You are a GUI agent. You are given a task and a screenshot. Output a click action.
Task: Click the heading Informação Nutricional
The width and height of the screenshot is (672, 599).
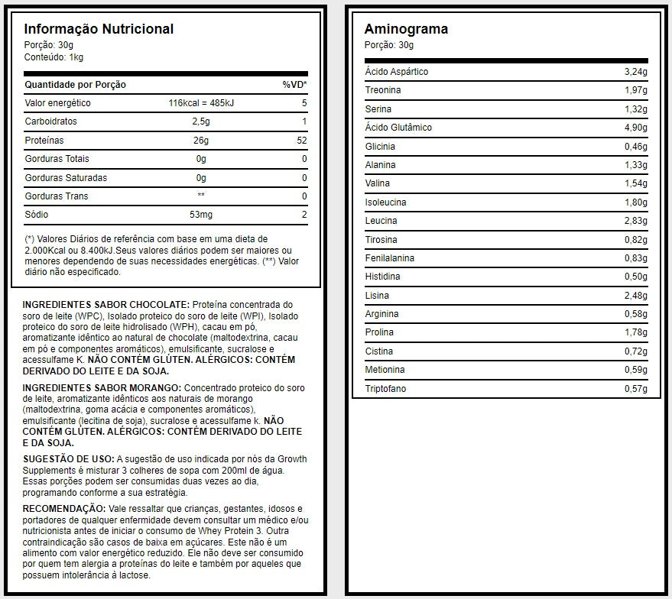[99, 29]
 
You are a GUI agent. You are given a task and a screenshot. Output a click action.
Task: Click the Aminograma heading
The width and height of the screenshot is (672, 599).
[406, 29]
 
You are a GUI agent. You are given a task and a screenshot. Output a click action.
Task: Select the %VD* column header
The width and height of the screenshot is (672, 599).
[294, 85]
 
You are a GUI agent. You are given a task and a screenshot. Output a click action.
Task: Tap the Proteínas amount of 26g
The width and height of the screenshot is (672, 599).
[201, 141]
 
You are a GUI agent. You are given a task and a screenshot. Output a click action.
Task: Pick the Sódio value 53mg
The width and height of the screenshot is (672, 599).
[201, 215]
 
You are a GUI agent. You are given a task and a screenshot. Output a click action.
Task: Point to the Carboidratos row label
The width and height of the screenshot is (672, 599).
[51, 121]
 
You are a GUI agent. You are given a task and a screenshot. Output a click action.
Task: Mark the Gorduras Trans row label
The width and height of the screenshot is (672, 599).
[57, 196]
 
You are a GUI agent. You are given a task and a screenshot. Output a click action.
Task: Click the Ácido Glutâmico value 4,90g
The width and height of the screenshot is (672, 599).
[635, 128]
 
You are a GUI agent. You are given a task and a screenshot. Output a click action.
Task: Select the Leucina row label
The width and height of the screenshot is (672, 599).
[381, 221]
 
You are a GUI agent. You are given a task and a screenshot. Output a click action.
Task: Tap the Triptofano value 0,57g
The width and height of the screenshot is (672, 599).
[635, 389]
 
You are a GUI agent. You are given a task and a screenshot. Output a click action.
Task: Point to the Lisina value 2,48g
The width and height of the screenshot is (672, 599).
[635, 296]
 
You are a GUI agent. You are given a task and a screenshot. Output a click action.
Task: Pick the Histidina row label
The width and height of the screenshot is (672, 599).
[382, 277]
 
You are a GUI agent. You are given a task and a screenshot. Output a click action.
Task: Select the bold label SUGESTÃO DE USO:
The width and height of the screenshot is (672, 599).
[68, 458]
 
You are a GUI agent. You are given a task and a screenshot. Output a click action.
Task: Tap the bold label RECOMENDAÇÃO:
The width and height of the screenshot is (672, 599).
[63, 509]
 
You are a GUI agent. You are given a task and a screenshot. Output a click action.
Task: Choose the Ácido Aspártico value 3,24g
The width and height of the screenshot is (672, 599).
[635, 72]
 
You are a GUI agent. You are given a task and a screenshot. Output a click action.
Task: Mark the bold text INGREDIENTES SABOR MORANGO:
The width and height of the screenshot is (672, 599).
[102, 388]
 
